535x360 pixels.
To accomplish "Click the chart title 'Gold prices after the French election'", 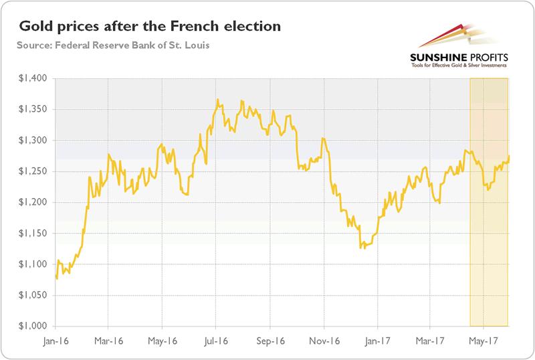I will (x=150, y=27).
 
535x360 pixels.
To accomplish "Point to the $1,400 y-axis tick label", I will (x=31, y=78).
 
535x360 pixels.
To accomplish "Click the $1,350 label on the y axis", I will (x=31, y=109).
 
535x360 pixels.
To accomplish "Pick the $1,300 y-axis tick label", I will (x=31, y=141).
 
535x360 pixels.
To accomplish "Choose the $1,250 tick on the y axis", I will (x=31, y=171).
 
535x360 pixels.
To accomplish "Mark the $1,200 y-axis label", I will (x=31, y=202).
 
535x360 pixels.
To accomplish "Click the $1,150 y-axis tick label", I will (x=31, y=234).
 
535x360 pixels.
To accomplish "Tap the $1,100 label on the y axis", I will (x=31, y=264).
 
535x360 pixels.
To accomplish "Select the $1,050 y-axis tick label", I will (x=31, y=295).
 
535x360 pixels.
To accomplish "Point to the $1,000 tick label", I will (x=31, y=327).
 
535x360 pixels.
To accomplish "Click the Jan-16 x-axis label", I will (x=56, y=339).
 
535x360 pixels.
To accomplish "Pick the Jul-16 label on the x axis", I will (x=215, y=339).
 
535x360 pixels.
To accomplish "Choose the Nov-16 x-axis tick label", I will (x=324, y=339).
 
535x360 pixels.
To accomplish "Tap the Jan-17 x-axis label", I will (x=376, y=339).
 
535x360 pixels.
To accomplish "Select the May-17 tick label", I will (x=482, y=339).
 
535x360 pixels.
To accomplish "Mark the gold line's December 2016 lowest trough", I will (x=361, y=248).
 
